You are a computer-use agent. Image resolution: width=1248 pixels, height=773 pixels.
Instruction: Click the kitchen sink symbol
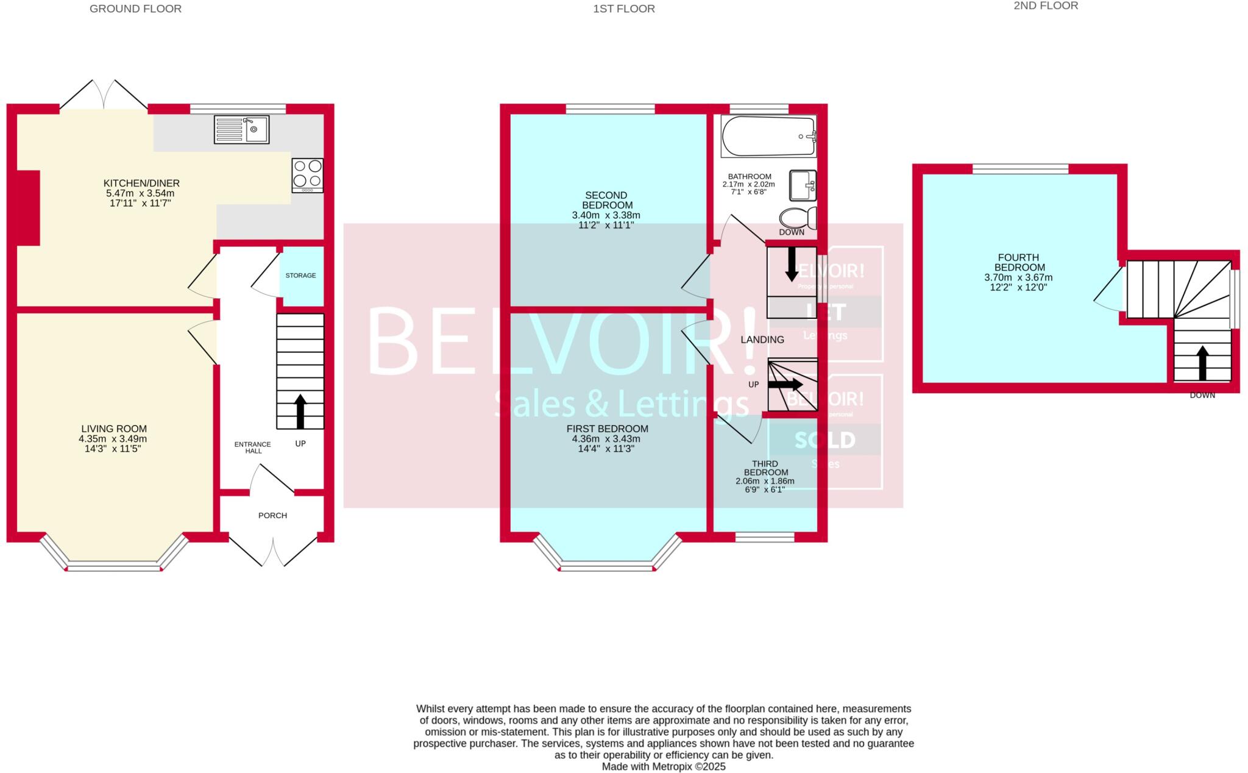point(241,130)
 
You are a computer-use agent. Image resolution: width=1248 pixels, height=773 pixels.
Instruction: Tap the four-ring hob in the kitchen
point(307,174)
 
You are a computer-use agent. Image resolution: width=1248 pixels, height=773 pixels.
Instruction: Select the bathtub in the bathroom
point(768,137)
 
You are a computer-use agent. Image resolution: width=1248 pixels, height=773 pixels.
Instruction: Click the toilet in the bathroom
point(798,218)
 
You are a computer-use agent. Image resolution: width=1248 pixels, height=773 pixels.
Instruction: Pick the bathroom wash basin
point(803,185)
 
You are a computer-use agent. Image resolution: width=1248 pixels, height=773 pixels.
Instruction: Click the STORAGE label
point(301,276)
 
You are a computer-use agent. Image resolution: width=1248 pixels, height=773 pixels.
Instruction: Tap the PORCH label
point(272,516)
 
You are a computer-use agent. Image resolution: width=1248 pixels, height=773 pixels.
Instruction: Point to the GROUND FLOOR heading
point(135,9)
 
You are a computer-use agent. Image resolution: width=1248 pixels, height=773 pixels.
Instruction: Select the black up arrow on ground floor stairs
point(300,411)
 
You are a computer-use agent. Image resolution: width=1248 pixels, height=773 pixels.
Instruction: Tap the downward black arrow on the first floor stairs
point(792,263)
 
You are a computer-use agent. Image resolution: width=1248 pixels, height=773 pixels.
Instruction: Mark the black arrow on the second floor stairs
point(1202,363)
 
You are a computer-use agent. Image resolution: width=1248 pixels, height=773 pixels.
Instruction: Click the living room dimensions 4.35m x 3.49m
point(113,439)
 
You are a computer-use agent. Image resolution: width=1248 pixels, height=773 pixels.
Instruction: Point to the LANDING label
point(762,340)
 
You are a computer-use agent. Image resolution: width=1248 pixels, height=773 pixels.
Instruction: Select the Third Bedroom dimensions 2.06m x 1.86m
point(765,481)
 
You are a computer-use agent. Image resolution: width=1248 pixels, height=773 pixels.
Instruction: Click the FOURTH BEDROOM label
point(1019,263)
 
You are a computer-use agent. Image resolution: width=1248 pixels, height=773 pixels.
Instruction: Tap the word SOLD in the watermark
point(824,440)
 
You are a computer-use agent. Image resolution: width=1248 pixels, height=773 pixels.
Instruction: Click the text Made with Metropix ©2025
point(664,767)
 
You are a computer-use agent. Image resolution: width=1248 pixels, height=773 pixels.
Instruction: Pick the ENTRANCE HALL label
point(253,447)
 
